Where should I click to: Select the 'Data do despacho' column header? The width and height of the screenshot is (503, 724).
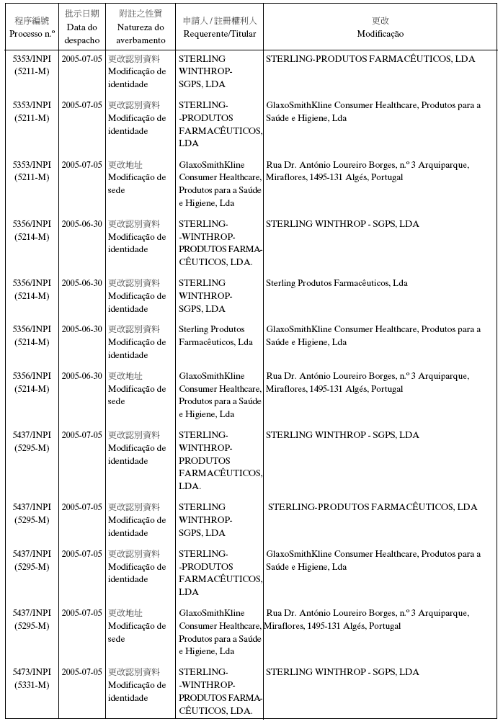pyautogui.click(x=81, y=34)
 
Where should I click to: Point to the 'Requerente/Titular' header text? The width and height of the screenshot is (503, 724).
pyautogui.click(x=219, y=34)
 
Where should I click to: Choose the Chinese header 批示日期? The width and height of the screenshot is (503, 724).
pyautogui.click(x=81, y=14)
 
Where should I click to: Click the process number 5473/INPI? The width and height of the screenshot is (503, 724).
pyautogui.click(x=32, y=672)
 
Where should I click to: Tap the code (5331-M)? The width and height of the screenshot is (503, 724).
pyautogui.click(x=32, y=685)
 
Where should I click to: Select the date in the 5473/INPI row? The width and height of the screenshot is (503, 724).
pyautogui.click(x=81, y=672)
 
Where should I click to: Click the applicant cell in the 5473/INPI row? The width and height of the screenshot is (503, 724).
pyautogui.click(x=219, y=692)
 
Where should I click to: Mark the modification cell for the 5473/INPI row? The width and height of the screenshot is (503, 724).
pyautogui.click(x=342, y=672)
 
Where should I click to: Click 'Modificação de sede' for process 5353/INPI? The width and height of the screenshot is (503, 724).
pyautogui.click(x=136, y=184)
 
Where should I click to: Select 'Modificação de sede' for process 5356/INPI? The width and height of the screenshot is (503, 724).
pyautogui.click(x=136, y=395)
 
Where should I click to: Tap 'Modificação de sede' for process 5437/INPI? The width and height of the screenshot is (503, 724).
pyautogui.click(x=136, y=633)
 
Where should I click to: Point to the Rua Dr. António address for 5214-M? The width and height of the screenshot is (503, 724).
pyautogui.click(x=367, y=383)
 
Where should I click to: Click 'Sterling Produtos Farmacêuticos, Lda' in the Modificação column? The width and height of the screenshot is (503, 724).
pyautogui.click(x=337, y=283)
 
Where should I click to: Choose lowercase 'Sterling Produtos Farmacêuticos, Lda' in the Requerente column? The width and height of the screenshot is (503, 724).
pyautogui.click(x=215, y=336)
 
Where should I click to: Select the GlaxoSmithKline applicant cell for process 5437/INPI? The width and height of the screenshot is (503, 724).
pyautogui.click(x=219, y=633)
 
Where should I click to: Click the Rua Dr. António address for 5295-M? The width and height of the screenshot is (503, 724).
pyautogui.click(x=367, y=620)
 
